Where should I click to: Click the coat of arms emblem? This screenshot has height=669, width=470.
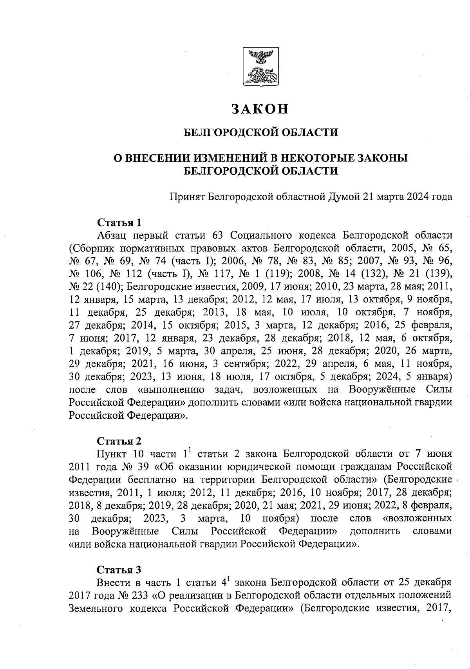(x=260, y=67)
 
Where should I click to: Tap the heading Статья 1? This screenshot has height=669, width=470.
(x=119, y=222)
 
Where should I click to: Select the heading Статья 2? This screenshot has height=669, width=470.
(x=119, y=441)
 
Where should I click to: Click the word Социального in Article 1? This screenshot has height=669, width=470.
(x=262, y=235)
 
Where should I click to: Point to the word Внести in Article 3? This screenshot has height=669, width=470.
(x=111, y=582)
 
